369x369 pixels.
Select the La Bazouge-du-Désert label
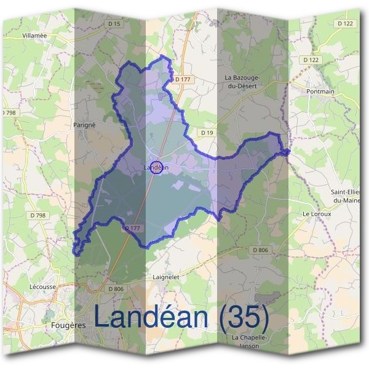tap(244, 82)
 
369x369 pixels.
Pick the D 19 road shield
tap(207, 132)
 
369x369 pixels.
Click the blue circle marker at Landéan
tap(156, 167)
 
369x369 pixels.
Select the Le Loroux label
tap(317, 214)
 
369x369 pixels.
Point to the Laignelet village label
tap(165, 277)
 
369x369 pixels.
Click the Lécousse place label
tap(43, 287)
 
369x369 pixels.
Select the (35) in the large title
tap(244, 317)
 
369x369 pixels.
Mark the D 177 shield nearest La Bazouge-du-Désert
tap(183, 79)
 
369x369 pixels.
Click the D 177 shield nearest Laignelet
tap(133, 228)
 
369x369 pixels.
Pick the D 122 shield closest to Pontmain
tap(312, 60)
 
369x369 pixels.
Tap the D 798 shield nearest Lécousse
tap(38, 215)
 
